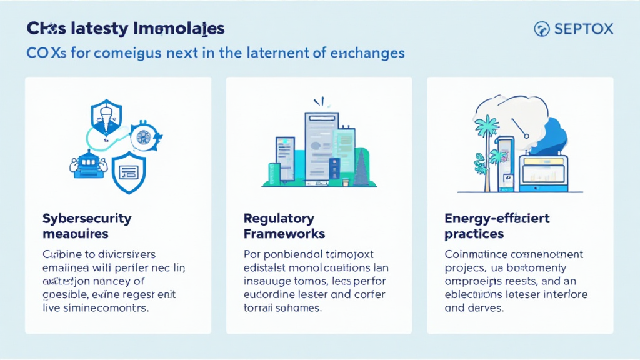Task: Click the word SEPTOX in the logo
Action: (584, 29)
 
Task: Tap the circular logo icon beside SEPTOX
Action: (542, 29)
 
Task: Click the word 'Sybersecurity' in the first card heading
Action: (87, 219)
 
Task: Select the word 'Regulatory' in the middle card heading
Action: (279, 219)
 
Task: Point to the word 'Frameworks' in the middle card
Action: (284, 234)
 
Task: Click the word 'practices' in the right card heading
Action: (474, 234)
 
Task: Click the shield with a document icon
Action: (128, 172)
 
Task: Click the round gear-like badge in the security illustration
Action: (143, 136)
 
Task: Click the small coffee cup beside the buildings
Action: (344, 182)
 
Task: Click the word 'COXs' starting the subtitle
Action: (46, 53)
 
